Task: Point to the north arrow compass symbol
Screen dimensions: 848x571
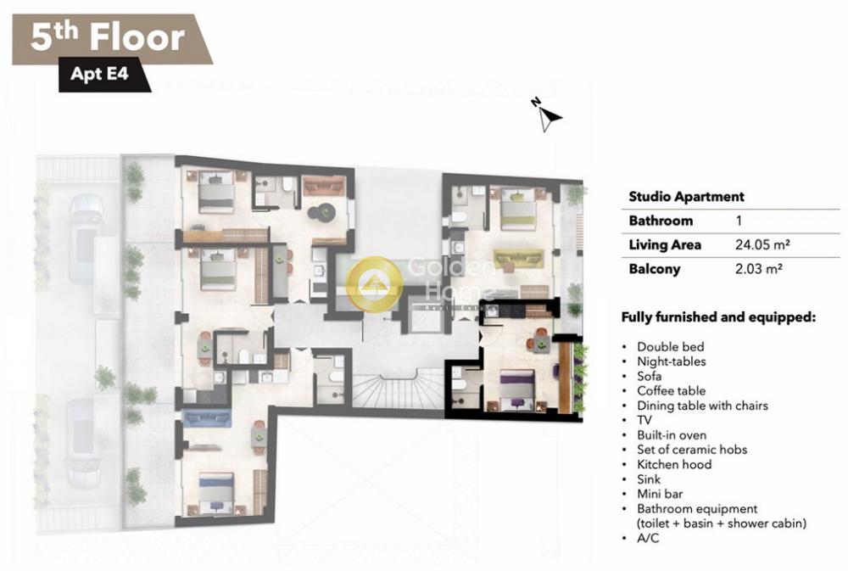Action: click(x=547, y=115)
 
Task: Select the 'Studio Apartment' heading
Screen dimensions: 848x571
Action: click(x=686, y=197)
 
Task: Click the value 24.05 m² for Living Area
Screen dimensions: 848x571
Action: click(x=762, y=244)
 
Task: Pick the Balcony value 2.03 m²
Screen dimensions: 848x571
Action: click(x=759, y=268)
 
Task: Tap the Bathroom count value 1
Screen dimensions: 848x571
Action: click(x=739, y=221)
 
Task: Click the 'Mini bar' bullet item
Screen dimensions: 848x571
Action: click(x=660, y=494)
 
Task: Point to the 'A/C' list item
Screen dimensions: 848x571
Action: click(x=648, y=538)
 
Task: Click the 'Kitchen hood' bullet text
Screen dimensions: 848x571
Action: click(x=674, y=464)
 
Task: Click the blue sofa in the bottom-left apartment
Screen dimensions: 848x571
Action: click(x=207, y=417)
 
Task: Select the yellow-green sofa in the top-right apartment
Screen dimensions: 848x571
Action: click(x=517, y=258)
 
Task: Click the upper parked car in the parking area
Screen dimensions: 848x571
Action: click(x=86, y=238)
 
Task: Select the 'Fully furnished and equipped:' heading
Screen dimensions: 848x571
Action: click(x=718, y=317)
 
